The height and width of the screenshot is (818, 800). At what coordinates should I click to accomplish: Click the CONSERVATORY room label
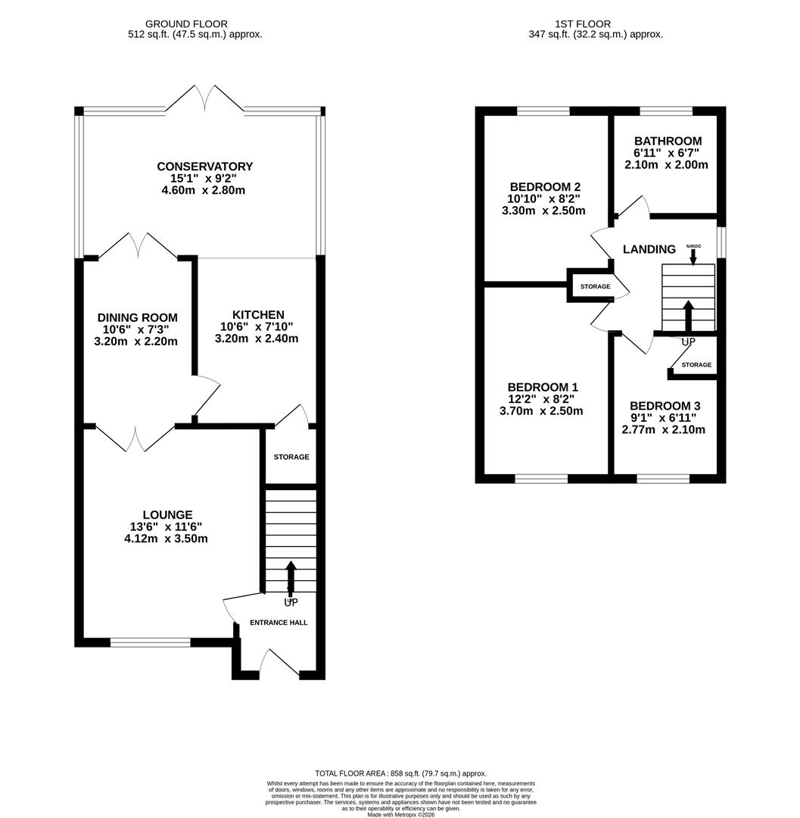(205, 167)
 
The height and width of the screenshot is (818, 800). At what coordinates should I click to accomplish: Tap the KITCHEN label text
(258, 314)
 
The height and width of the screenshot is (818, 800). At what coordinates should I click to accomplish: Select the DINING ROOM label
(138, 317)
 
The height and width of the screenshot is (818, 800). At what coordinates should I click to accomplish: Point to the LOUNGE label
(168, 515)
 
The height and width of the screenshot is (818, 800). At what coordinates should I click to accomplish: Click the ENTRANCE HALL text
(279, 623)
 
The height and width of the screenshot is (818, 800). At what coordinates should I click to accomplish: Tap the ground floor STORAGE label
(291, 457)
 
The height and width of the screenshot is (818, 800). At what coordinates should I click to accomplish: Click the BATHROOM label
(668, 141)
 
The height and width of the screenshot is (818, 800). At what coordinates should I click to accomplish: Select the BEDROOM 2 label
(545, 187)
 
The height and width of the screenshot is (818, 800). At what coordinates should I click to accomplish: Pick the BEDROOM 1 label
(543, 387)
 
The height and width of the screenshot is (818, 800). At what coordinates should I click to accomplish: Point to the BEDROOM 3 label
(665, 406)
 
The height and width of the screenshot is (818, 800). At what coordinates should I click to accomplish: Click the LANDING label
(649, 249)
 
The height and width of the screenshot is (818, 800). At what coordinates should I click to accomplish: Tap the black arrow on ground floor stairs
(291, 579)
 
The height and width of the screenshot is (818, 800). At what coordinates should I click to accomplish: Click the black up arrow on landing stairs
(688, 316)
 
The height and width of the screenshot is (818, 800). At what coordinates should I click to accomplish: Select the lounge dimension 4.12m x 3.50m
(166, 539)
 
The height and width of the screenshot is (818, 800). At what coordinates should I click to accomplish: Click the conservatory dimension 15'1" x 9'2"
(204, 179)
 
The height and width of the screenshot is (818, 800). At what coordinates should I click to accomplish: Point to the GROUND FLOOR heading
(186, 24)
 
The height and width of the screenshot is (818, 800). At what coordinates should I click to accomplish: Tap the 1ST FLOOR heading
(582, 24)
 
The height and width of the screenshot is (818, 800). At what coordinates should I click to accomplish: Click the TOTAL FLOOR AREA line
(400, 773)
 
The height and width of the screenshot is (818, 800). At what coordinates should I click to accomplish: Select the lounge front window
(150, 642)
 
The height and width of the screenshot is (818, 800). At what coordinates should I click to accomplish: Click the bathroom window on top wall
(666, 111)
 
